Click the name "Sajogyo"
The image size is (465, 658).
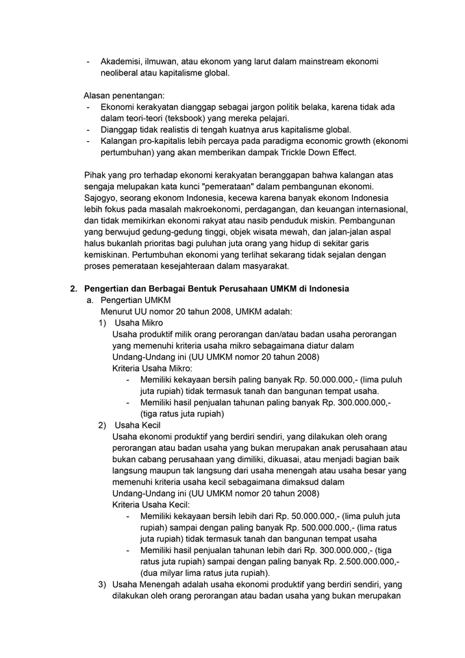tap(102, 197)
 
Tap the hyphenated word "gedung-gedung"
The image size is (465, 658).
tap(171, 231)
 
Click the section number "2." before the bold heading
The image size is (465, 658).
tap(74, 289)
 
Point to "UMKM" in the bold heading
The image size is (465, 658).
tap(274, 289)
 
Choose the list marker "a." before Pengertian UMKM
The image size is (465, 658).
tap(90, 300)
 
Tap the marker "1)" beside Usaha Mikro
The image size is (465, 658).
tap(102, 323)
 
